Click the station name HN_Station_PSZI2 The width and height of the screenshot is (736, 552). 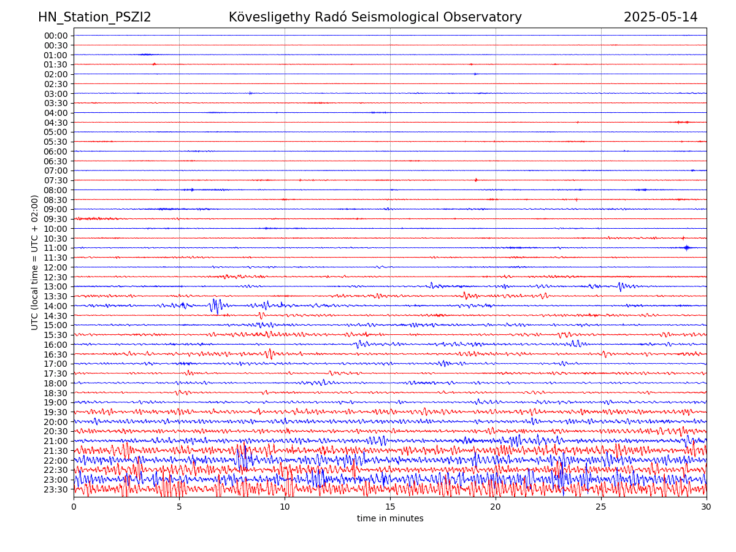(94, 17)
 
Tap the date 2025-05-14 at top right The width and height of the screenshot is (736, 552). (661, 17)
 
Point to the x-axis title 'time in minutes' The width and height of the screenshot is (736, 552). (390, 518)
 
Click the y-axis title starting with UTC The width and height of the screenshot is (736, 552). (35, 262)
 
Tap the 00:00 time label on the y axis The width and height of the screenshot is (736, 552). (56, 36)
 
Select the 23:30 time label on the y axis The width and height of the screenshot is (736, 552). (56, 489)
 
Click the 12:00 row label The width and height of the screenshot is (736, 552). (56, 267)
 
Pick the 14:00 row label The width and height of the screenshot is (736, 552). (56, 306)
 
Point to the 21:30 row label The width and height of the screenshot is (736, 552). (56, 451)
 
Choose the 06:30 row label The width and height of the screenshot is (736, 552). (56, 161)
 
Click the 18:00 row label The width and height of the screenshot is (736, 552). (56, 383)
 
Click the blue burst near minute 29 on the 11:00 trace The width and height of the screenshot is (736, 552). (686, 248)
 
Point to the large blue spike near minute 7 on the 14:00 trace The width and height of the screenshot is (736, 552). (215, 305)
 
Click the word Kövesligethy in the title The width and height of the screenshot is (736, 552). (269, 17)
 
